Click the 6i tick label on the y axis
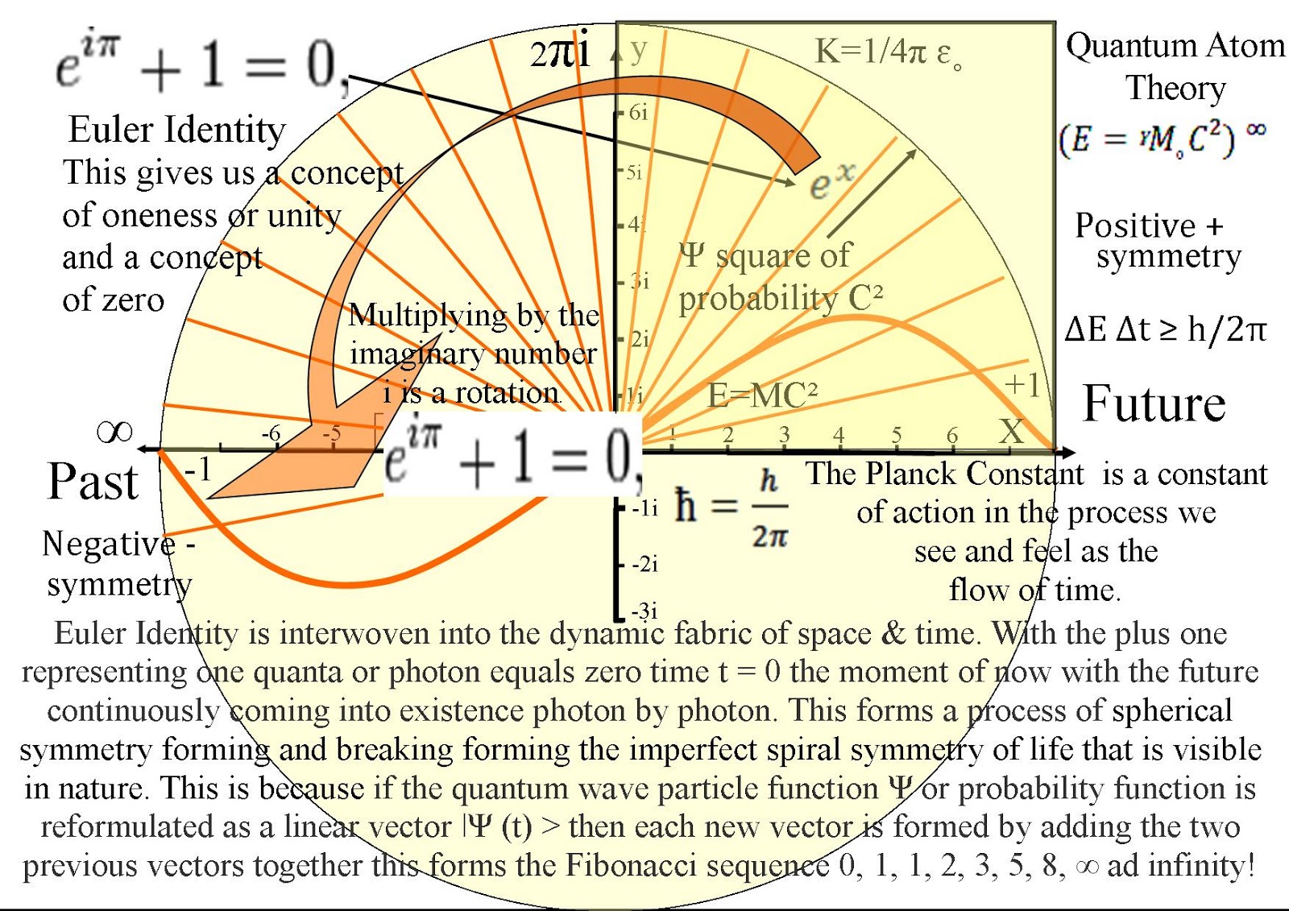click(638, 113)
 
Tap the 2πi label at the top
click(560, 53)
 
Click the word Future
click(1154, 404)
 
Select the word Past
click(93, 482)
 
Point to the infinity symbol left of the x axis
click(114, 433)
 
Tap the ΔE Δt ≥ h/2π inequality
click(1165, 329)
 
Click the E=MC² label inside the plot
click(762, 395)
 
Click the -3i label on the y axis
click(644, 611)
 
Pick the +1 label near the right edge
click(1022, 385)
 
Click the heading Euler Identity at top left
click(177, 130)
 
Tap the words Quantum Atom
click(1175, 46)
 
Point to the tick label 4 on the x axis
click(839, 435)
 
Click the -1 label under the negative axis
click(197, 469)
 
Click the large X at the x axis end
click(1012, 432)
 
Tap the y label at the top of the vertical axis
click(639, 50)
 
